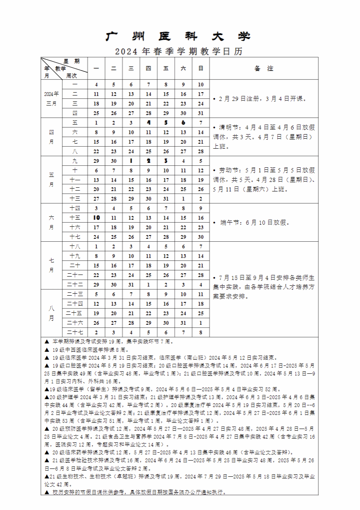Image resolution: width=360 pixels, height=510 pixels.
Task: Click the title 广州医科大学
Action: (x=178, y=37)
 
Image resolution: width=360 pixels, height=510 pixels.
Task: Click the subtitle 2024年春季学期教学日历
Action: (x=179, y=52)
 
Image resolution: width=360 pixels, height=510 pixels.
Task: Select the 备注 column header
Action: (x=264, y=69)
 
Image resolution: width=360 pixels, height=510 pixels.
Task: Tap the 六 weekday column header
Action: (x=183, y=69)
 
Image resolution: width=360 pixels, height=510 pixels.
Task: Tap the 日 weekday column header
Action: (x=201, y=69)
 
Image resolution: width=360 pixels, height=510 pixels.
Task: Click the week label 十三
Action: (x=75, y=199)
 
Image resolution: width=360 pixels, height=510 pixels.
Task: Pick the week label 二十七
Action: (x=75, y=332)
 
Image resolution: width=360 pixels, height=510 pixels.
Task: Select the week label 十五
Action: (x=75, y=218)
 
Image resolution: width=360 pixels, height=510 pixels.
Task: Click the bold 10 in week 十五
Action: (x=96, y=218)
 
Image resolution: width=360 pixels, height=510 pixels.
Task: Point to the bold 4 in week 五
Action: (x=148, y=123)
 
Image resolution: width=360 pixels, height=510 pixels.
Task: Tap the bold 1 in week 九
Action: (x=131, y=161)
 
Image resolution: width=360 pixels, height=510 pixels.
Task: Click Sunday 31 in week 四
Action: (x=201, y=113)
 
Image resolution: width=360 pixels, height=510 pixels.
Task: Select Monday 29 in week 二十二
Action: (x=96, y=284)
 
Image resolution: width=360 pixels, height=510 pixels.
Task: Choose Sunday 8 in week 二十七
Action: (x=201, y=332)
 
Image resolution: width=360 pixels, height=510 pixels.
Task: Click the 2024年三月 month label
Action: (x=52, y=98)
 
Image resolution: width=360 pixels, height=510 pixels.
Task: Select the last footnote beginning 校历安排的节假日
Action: (x=137, y=492)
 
